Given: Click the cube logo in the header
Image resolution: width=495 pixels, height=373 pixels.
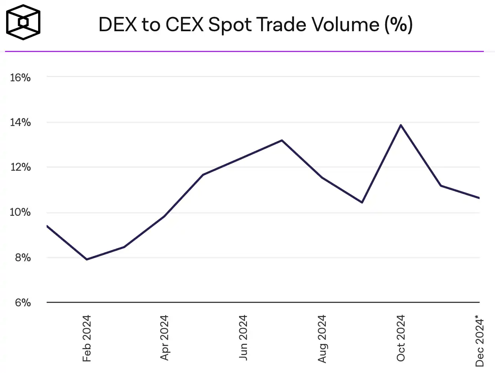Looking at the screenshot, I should (23, 22).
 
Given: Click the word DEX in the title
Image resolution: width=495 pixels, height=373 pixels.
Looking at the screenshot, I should (118, 25).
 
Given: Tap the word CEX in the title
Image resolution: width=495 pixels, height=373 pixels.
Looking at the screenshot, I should (185, 25).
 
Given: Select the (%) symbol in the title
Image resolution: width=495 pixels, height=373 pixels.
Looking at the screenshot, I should (398, 25).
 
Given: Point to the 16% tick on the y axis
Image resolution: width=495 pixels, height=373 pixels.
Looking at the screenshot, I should (20, 77).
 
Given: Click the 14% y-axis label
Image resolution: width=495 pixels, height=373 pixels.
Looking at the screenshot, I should (20, 123).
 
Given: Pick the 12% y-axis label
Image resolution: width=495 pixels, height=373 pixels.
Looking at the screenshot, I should (20, 167).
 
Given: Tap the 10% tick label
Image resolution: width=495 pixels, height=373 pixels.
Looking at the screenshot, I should (20, 212).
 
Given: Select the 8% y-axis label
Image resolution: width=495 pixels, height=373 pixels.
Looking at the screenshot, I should (23, 257).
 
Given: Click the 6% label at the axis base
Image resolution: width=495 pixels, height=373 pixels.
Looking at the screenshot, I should (23, 302).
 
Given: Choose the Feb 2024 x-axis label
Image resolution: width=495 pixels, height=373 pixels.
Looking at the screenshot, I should (87, 338).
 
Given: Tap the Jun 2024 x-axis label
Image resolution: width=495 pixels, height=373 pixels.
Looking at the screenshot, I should (243, 338).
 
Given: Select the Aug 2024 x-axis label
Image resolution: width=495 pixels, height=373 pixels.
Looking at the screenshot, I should (322, 338).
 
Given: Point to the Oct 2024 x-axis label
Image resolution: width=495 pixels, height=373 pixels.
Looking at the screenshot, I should (401, 338).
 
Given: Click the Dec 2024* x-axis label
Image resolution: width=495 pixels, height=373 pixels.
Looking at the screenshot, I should (480, 341).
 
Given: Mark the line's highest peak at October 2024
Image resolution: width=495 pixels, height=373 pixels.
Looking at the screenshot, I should (401, 125).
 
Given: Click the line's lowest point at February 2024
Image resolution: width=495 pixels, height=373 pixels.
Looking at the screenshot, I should (87, 259).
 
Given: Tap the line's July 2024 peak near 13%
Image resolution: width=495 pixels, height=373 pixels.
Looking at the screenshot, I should (282, 140).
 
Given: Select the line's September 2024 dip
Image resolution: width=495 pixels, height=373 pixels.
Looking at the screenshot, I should (362, 202).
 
